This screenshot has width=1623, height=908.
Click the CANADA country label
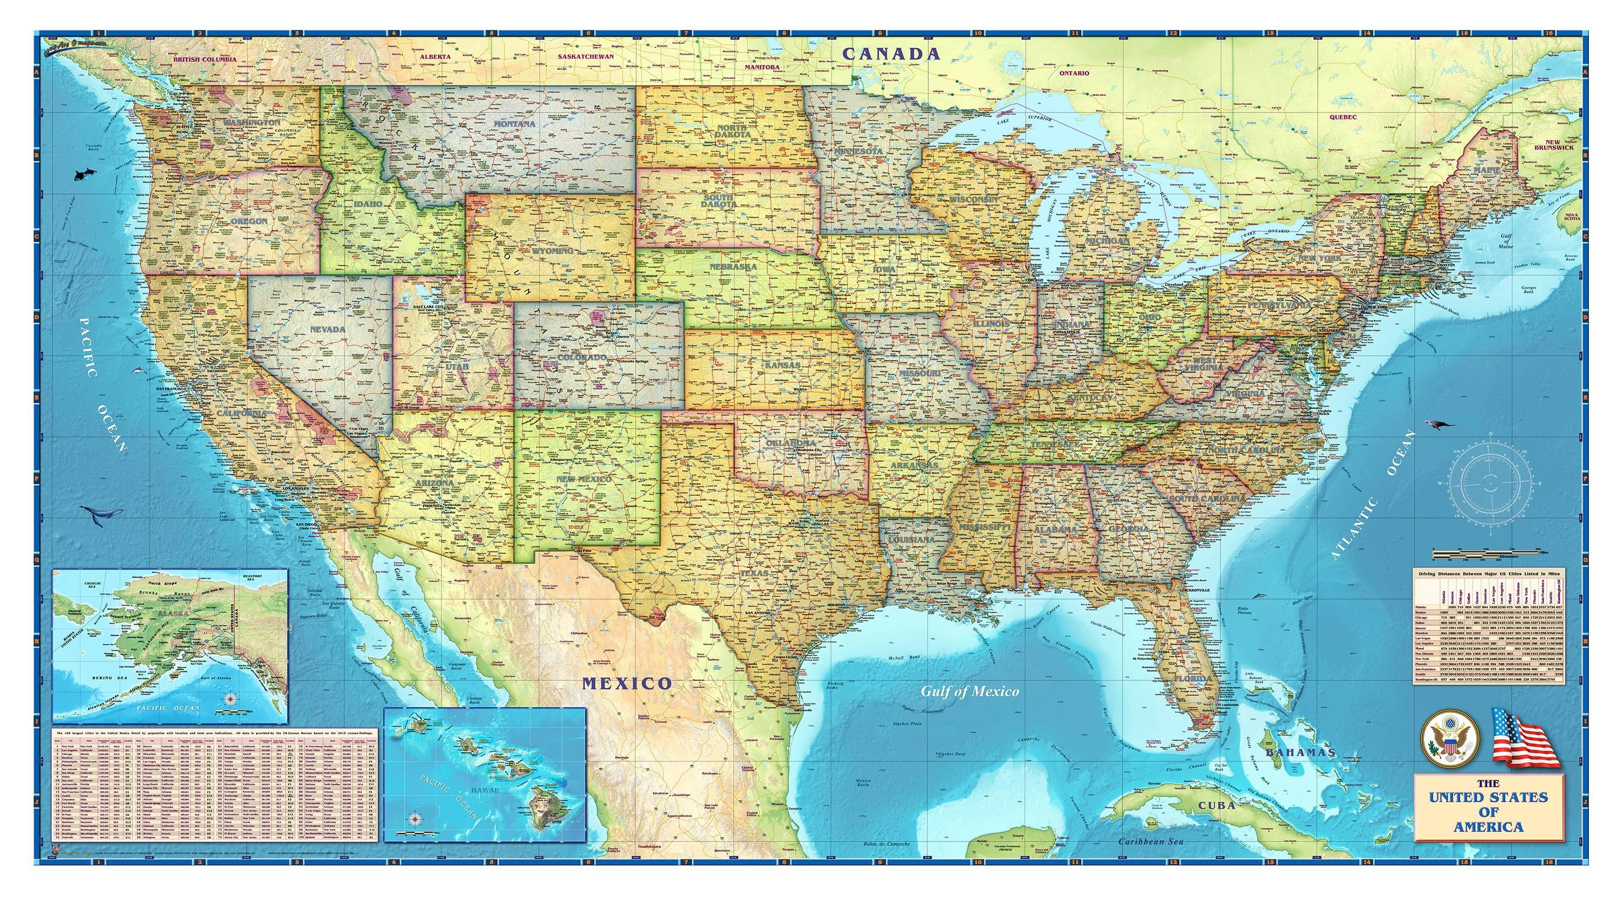(x=892, y=54)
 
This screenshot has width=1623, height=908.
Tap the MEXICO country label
(x=627, y=683)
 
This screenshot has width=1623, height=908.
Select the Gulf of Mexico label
(x=969, y=691)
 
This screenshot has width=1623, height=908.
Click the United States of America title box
(x=1488, y=812)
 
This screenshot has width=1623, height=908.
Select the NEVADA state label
(x=328, y=329)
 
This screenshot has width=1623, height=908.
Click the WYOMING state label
(x=552, y=250)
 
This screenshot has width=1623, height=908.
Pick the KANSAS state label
(x=783, y=365)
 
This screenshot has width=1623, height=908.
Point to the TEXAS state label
(x=755, y=574)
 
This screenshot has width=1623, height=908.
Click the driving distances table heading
(x=1490, y=574)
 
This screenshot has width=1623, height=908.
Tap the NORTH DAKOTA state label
(x=733, y=131)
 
